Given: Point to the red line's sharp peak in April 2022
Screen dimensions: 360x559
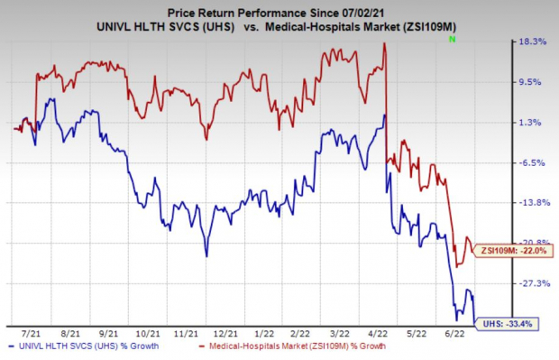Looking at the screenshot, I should point(385,44).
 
